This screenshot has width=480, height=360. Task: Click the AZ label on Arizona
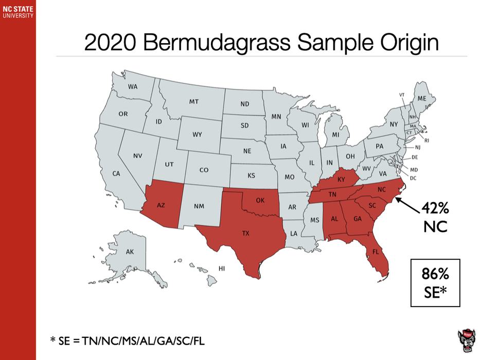(x=161, y=205)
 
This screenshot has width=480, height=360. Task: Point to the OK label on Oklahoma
(x=260, y=200)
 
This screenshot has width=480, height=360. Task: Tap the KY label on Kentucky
(x=342, y=180)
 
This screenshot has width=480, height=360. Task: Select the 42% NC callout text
(x=436, y=217)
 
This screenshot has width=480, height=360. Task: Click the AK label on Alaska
(x=130, y=252)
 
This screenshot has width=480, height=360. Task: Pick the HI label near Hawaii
(x=222, y=268)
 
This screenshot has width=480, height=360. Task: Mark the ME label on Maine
(x=422, y=98)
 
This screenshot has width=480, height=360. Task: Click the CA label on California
(x=116, y=173)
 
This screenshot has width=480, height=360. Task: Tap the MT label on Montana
(x=193, y=102)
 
